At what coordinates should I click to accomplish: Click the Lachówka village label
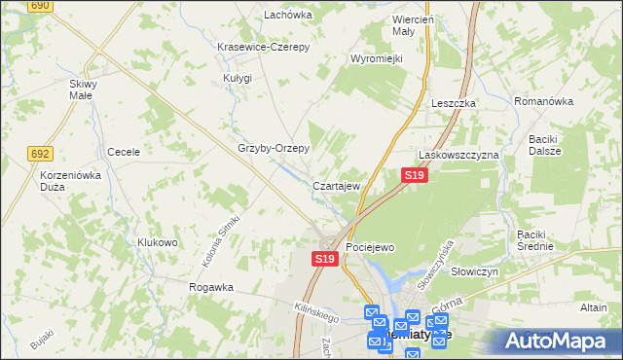click(x=287, y=15)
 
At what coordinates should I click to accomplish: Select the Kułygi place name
click(x=237, y=78)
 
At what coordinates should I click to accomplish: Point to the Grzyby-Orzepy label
click(x=274, y=149)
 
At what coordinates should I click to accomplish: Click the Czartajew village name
click(x=338, y=185)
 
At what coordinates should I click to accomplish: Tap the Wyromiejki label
click(x=377, y=58)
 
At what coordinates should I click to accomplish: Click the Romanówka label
click(x=547, y=100)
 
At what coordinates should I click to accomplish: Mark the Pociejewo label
click(x=370, y=248)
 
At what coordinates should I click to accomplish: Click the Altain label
click(x=593, y=306)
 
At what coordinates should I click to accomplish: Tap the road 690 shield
click(x=40, y=6)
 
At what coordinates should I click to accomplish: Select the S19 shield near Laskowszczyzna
click(x=415, y=175)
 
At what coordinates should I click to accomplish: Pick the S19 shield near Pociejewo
click(x=325, y=259)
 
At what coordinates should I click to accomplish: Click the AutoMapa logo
click(x=560, y=341)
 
